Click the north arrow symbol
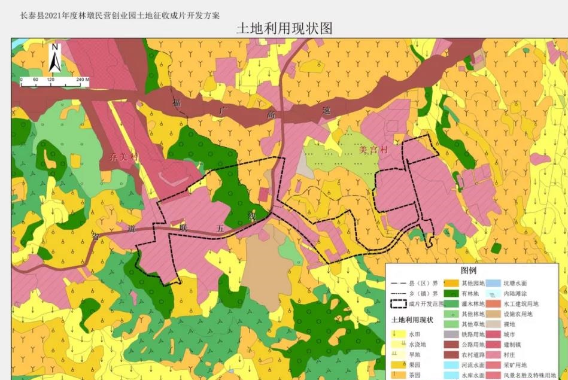pos(54,57)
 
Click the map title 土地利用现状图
pos(284,28)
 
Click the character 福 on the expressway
pos(177,103)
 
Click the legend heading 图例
pos(468,271)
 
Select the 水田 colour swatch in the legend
pos(397,334)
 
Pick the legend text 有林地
pos(469,294)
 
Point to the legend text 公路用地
pos(471,344)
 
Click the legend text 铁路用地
pos(471,334)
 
